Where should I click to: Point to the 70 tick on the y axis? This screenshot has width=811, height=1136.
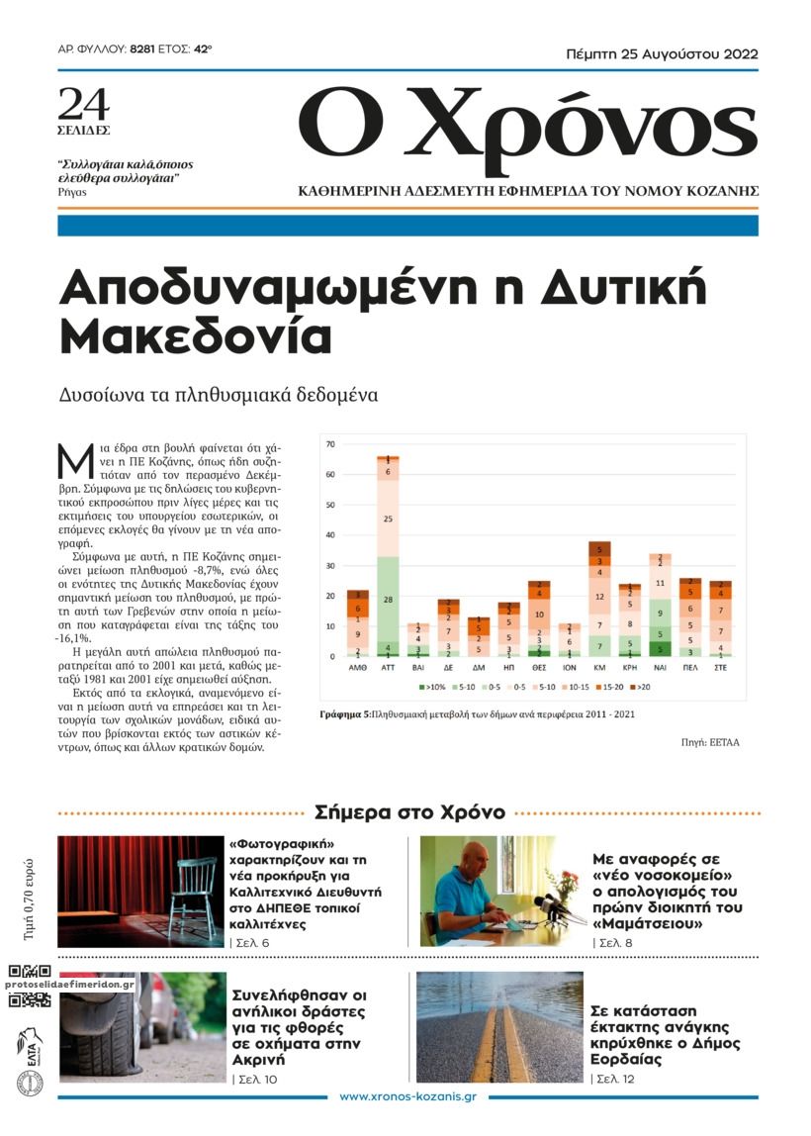click(330, 444)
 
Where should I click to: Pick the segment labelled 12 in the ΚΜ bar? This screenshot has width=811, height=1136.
click(598, 596)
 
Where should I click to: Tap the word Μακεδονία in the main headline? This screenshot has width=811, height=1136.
click(196, 337)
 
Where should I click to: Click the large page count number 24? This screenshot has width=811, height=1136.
click(84, 104)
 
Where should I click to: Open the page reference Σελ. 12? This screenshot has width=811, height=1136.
click(613, 1078)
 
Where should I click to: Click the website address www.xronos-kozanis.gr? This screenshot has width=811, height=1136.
click(407, 1097)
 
